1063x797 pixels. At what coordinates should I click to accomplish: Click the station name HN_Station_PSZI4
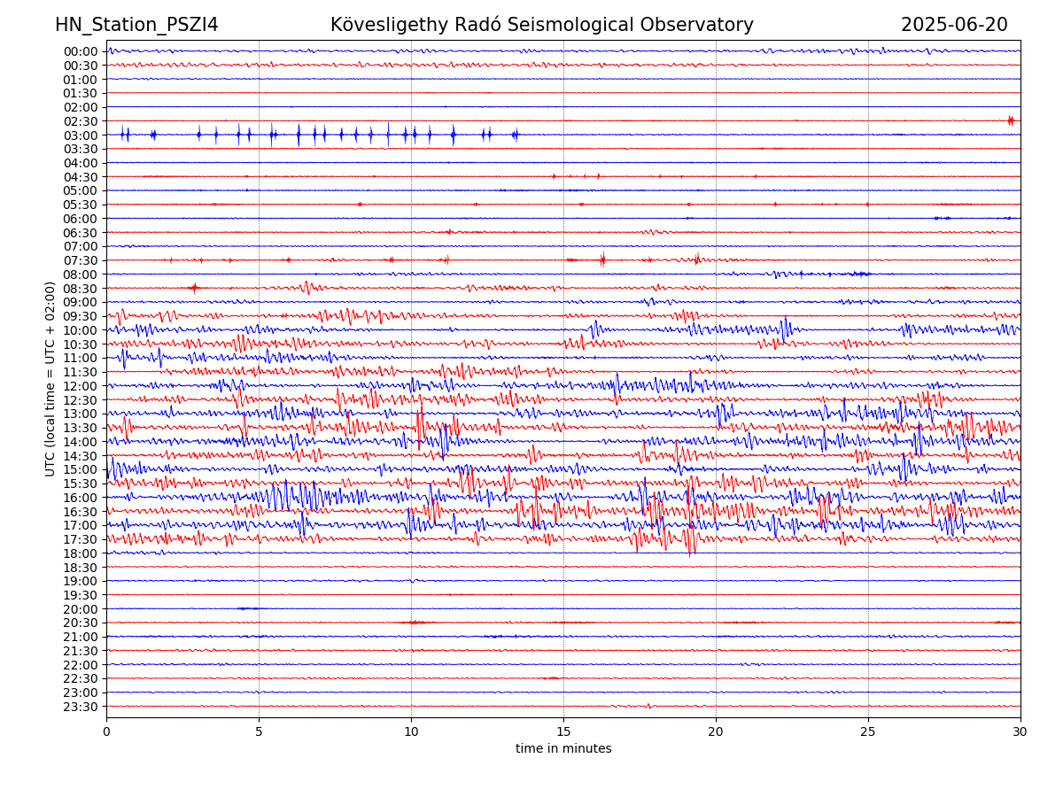(136, 25)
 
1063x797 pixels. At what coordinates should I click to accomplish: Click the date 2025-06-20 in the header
(954, 25)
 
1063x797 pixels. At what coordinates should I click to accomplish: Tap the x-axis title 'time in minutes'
(563, 749)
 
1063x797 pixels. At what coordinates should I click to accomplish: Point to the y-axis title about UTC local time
(50, 379)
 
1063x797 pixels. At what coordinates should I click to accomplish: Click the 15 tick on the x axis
(563, 732)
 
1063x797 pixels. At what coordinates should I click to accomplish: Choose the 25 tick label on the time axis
(868, 732)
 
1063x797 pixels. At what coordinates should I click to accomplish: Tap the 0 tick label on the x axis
(106, 732)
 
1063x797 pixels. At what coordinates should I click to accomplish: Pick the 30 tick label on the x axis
(1020, 732)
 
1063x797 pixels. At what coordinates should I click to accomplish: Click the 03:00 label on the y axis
(80, 135)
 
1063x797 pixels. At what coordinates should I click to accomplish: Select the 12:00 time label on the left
(80, 386)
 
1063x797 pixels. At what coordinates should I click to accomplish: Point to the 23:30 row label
(80, 707)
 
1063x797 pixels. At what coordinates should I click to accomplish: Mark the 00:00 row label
(80, 51)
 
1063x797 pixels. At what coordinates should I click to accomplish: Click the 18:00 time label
(80, 553)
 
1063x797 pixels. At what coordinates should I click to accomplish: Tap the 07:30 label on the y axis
(80, 260)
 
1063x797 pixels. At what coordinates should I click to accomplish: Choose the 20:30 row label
(80, 623)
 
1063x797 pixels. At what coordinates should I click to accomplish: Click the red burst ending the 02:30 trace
(1011, 120)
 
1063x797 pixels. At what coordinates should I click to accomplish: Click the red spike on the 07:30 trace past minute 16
(602, 259)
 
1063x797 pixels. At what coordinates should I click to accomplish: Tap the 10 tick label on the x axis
(411, 732)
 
